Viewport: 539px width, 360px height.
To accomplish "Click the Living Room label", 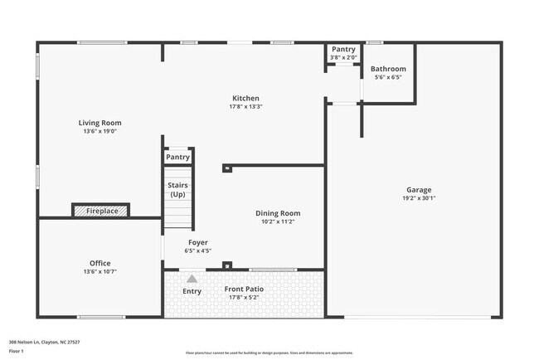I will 100,123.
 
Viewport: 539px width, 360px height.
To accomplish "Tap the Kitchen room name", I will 245,98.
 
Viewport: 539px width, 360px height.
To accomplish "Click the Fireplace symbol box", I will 101,211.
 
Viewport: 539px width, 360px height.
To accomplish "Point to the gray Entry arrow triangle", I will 192,279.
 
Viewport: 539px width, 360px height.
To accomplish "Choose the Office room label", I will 100,263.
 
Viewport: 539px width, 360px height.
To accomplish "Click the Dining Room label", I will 278,213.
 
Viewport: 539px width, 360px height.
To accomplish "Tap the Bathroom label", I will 388,69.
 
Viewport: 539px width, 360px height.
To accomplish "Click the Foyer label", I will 197,242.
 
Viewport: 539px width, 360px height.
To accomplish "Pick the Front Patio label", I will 245,289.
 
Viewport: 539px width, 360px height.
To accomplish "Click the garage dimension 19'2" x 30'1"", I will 419,197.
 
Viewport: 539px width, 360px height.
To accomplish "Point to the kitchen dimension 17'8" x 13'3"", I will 245,106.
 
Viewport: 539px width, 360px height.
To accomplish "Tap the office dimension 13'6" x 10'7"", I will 100,271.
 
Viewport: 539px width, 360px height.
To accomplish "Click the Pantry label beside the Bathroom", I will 343,49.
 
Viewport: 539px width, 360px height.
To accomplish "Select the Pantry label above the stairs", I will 177,157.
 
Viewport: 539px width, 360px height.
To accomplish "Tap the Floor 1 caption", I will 17,351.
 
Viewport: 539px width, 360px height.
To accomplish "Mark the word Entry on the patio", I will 192,291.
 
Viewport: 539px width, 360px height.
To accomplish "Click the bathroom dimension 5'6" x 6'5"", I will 388,77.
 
